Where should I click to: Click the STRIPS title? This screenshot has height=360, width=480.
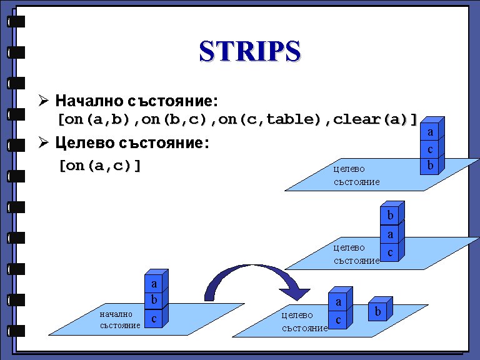click(x=249, y=51)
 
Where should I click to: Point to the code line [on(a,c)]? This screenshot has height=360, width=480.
click(x=99, y=166)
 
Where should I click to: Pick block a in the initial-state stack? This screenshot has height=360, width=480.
click(x=154, y=284)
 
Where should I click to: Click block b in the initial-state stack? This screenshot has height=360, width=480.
click(x=154, y=301)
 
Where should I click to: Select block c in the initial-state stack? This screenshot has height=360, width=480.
click(x=154, y=318)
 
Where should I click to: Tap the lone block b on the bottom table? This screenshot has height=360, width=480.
click(x=377, y=311)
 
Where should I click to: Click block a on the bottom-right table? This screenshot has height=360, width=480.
click(x=338, y=302)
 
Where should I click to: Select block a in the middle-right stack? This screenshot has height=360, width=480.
click(x=390, y=234)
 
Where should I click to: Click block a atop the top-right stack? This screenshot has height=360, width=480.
click(x=430, y=132)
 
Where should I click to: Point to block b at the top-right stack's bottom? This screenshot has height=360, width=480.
click(x=430, y=166)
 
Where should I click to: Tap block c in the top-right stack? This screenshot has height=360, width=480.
click(x=430, y=149)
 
